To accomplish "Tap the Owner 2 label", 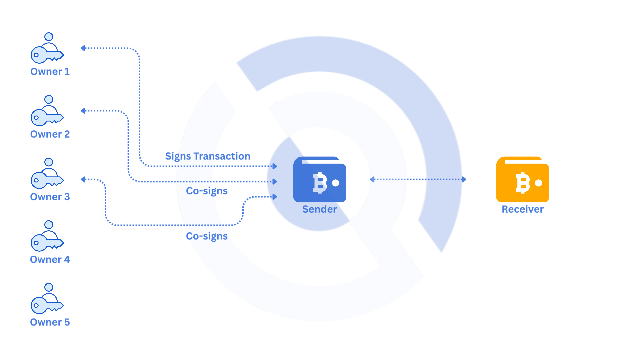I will tap(50, 134).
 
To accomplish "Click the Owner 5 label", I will tap(50, 322).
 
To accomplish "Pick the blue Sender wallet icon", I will tap(320, 180).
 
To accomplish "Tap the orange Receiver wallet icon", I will tap(523, 180).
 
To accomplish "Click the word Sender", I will tap(320, 209).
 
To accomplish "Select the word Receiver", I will tap(523, 209).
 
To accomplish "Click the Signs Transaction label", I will tap(208, 156).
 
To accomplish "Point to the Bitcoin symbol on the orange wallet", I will tap(522, 183).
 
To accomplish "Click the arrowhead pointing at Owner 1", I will tap(83, 48).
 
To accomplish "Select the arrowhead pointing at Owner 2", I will tap(83, 111).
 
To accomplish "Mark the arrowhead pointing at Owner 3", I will tap(83, 179).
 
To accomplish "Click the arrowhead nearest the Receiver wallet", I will tap(464, 179).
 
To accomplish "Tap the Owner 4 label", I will tap(50, 260).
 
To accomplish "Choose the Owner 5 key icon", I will tap(47, 299).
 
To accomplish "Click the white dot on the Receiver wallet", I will tap(539, 183).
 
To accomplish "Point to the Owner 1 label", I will tap(50, 72).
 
